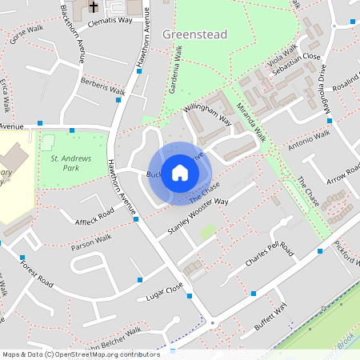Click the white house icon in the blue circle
pyautogui.click(x=180, y=172)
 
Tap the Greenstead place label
pyautogui.click(x=194, y=34)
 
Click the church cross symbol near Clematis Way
pyautogui.click(x=94, y=7)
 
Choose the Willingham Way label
pyautogui.click(x=206, y=118)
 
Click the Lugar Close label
pyautogui.click(x=165, y=290)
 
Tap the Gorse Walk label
pyautogui.click(x=25, y=33)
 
